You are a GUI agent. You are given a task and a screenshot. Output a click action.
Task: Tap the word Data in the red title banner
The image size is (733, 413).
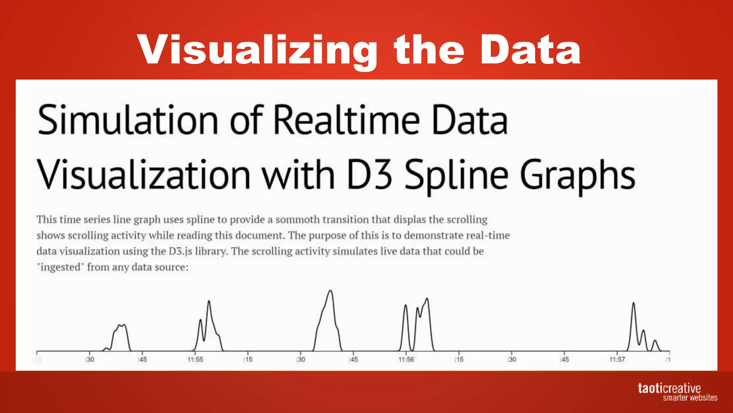pos(530,50)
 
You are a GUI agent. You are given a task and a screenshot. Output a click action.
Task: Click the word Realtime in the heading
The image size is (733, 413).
pos(346,120)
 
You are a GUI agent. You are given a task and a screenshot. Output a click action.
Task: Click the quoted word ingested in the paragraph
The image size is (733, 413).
pos(60,267)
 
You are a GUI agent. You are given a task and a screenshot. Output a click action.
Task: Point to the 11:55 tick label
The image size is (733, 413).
pos(195,359)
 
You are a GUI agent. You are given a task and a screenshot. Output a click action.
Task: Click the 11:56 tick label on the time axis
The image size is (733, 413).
pos(406,359)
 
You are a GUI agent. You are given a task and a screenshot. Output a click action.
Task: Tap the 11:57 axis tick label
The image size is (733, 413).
pos(617,359)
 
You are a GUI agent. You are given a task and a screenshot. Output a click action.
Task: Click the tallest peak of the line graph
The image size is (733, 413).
pos(330,291)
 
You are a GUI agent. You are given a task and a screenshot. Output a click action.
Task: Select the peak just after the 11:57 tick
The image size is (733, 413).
pos(634,304)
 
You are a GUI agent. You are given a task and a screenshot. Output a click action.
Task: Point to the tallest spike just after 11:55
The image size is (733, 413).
pos(209,302)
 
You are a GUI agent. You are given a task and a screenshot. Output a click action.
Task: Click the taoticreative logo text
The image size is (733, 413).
pos(669,388)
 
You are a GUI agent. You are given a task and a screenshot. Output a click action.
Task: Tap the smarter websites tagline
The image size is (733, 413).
pos(690,398)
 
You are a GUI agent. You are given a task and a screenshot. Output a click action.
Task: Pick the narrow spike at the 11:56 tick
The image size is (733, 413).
pos(406,306)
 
